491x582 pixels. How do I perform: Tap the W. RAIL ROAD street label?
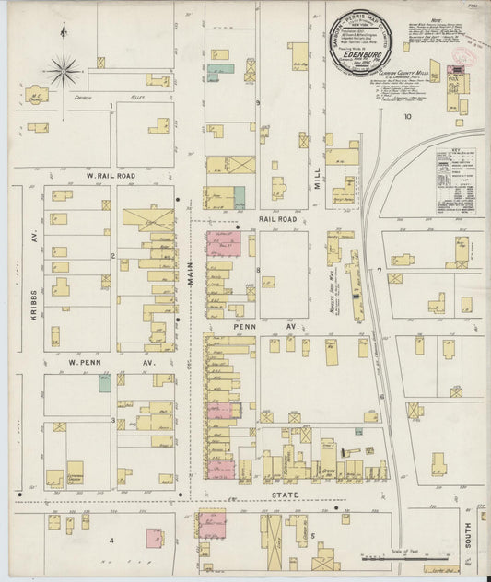click(111, 175)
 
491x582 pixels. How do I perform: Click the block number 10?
click(406, 117)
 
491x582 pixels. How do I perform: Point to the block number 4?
click(112, 541)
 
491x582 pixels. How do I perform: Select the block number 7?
click(379, 270)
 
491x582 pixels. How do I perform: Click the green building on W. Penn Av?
click(105, 382)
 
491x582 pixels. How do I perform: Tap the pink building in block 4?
click(154, 537)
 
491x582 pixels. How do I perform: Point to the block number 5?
click(313, 535)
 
